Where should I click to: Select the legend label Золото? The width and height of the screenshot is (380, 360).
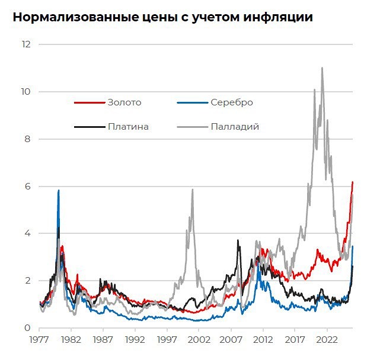pyautogui.click(x=124, y=102)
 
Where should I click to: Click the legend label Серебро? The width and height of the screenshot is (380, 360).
pyautogui.click(x=232, y=102)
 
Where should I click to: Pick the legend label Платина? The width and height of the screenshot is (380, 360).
pyautogui.click(x=129, y=126)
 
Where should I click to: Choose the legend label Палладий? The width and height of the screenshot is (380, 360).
pyautogui.click(x=235, y=126)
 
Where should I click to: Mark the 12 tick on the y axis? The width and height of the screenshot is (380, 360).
pyautogui.click(x=26, y=44)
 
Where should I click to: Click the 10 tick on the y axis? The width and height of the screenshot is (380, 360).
pyautogui.click(x=26, y=92)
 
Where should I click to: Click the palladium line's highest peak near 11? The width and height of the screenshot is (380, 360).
pyautogui.click(x=322, y=68)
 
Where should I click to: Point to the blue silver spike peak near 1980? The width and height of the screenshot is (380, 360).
pyautogui.click(x=58, y=191)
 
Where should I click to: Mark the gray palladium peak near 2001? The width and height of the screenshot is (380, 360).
pyautogui.click(x=192, y=190)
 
